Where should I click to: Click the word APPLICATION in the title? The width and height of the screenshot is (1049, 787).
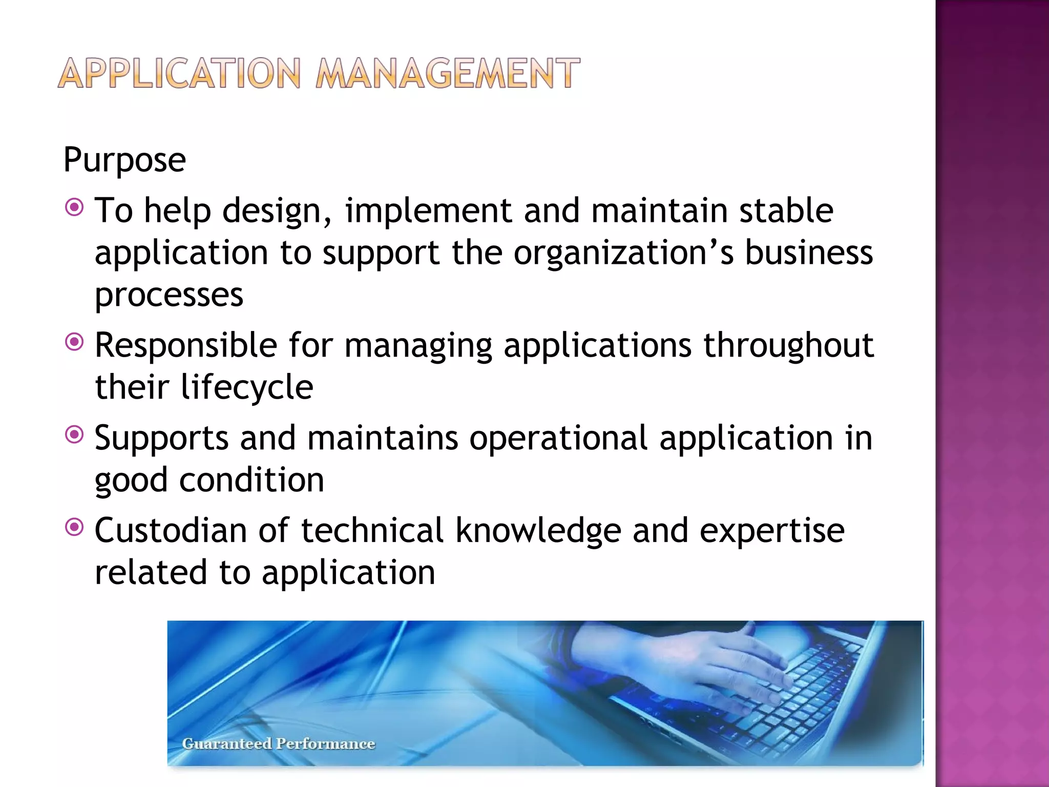[179, 74]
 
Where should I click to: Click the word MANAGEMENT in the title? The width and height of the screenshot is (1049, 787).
[448, 74]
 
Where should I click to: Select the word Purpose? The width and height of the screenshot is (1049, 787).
[124, 160]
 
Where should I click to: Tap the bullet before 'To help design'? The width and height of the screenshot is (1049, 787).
[75, 208]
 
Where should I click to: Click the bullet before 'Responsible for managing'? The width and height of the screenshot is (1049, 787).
[75, 342]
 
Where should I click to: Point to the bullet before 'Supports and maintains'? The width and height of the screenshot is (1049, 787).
[75, 435]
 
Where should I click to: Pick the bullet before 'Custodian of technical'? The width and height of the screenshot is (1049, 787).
[75, 527]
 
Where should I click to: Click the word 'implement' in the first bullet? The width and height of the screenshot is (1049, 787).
[428, 211]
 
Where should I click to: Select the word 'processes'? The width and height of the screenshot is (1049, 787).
[169, 296]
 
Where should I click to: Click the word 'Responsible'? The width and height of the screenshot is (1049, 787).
[186, 345]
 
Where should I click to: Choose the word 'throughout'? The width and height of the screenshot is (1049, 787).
[788, 345]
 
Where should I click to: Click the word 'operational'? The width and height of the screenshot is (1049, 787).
[558, 439]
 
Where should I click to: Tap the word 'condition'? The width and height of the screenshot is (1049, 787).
[251, 480]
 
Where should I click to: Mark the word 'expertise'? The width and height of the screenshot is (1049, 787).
[772, 531]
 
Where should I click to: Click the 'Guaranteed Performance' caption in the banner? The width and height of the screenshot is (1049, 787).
[279, 743]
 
